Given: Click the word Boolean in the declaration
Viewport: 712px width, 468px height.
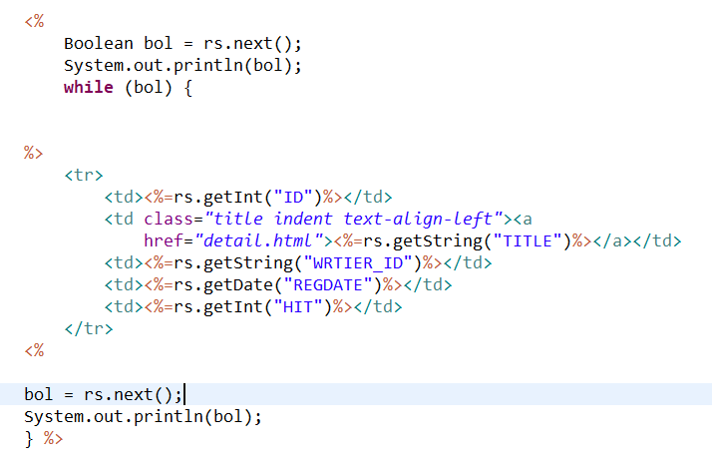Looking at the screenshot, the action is click(x=98, y=44).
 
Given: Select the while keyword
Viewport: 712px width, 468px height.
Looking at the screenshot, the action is click(x=88, y=87).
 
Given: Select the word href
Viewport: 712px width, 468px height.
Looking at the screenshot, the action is click(x=168, y=240).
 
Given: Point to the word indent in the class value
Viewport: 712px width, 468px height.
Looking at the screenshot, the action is click(x=303, y=219).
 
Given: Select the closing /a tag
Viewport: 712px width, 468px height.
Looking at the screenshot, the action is click(x=613, y=240).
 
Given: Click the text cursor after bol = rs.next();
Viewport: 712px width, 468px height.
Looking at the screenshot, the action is click(x=184, y=394).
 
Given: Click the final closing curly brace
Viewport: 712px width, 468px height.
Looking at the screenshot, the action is click(x=29, y=438).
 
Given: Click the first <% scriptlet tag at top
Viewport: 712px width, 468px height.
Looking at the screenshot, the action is click(x=34, y=22).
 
